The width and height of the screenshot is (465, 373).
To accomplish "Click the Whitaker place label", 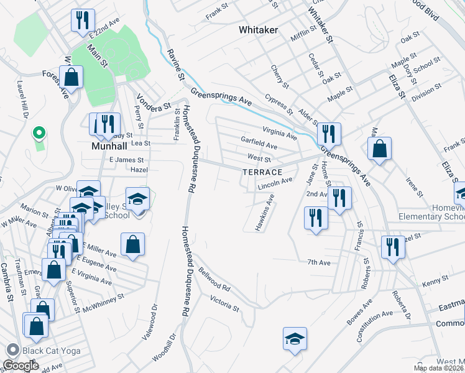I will pyautogui.click(x=258, y=30).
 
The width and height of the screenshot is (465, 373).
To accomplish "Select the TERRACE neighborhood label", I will pyautogui.click(x=262, y=172).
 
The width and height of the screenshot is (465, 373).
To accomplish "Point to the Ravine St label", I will pyautogui.click(x=175, y=65).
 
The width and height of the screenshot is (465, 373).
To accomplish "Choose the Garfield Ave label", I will pyautogui.click(x=259, y=143).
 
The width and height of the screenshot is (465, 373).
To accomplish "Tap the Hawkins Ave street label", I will pyautogui.click(x=264, y=213).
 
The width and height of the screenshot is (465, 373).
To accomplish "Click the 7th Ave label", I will pyautogui.click(x=318, y=263).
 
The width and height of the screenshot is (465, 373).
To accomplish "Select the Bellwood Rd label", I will pyautogui.click(x=215, y=280).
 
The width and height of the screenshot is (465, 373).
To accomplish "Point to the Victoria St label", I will pyautogui.click(x=224, y=303).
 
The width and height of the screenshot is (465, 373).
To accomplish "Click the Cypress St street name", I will pyautogui.click(x=278, y=104).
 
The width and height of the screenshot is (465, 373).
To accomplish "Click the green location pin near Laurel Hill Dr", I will pyautogui.click(x=39, y=133).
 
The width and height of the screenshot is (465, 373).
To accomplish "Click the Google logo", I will pyautogui.click(x=21, y=366).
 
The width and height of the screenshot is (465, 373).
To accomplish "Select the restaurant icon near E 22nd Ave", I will pyautogui.click(x=82, y=20).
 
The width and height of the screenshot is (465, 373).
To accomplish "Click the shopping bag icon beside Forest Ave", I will pyautogui.click(x=71, y=78).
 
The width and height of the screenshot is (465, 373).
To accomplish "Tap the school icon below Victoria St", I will pyautogui.click(x=295, y=339).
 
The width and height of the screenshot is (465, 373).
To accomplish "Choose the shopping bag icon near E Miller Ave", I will pyautogui.click(x=133, y=244).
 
